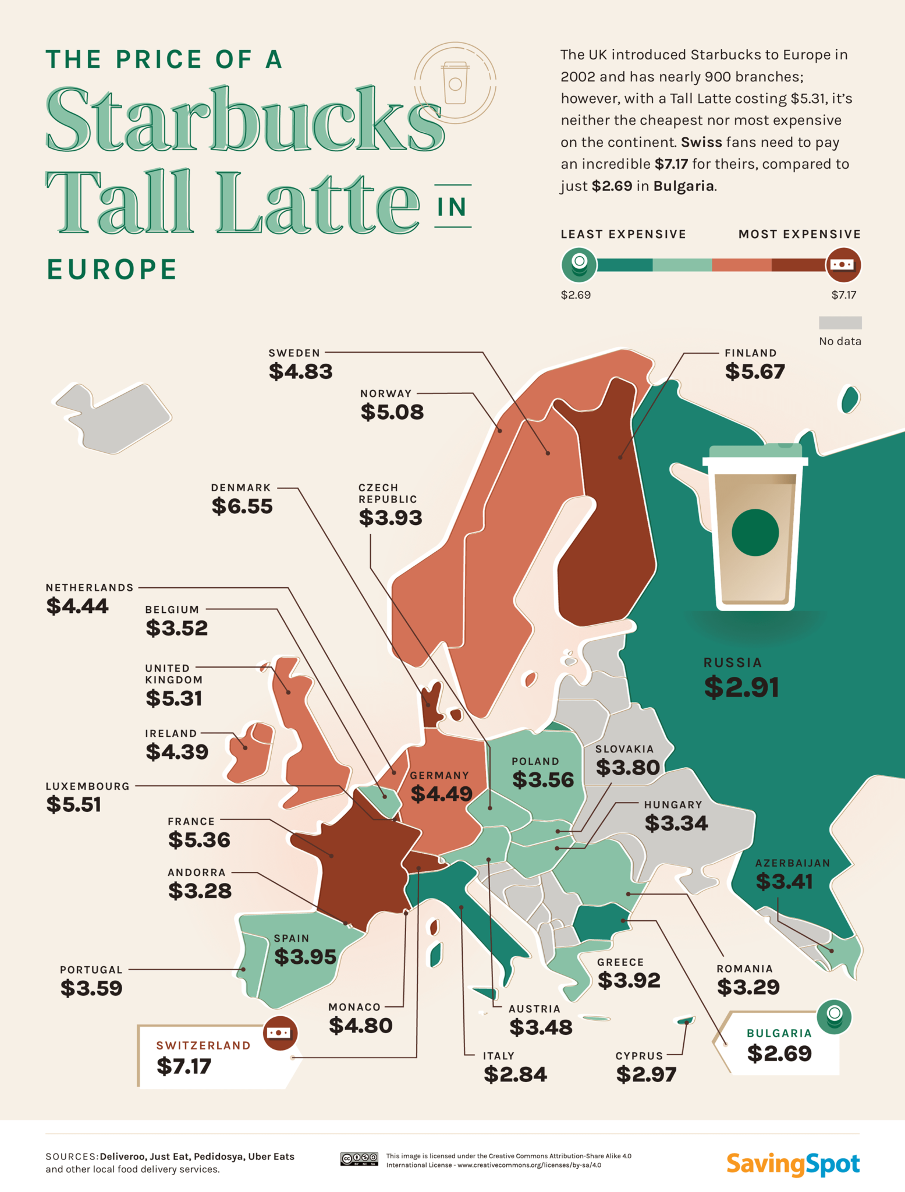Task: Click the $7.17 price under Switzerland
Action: pos(184,1066)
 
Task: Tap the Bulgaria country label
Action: pos(779,1033)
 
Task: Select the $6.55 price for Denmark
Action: pos(242,506)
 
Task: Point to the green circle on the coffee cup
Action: pos(755,532)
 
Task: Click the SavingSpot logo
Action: pos(793,1164)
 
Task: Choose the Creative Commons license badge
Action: pos(359,1159)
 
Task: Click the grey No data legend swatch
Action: pos(840,322)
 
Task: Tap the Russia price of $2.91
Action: pos(741,687)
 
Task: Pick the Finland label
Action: pos(750,353)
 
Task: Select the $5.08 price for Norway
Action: pos(392,412)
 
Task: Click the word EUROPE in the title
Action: pos(112,269)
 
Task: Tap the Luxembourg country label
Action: pos(88,786)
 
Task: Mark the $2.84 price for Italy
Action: pos(515,1074)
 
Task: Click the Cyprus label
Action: pos(639,1056)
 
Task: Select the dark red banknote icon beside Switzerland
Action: pos(280,1033)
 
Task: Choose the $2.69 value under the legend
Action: pos(576,295)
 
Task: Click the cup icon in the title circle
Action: pos(455,82)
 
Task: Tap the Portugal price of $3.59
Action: pos(91,988)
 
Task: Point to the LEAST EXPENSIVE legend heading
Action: pos(623,235)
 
